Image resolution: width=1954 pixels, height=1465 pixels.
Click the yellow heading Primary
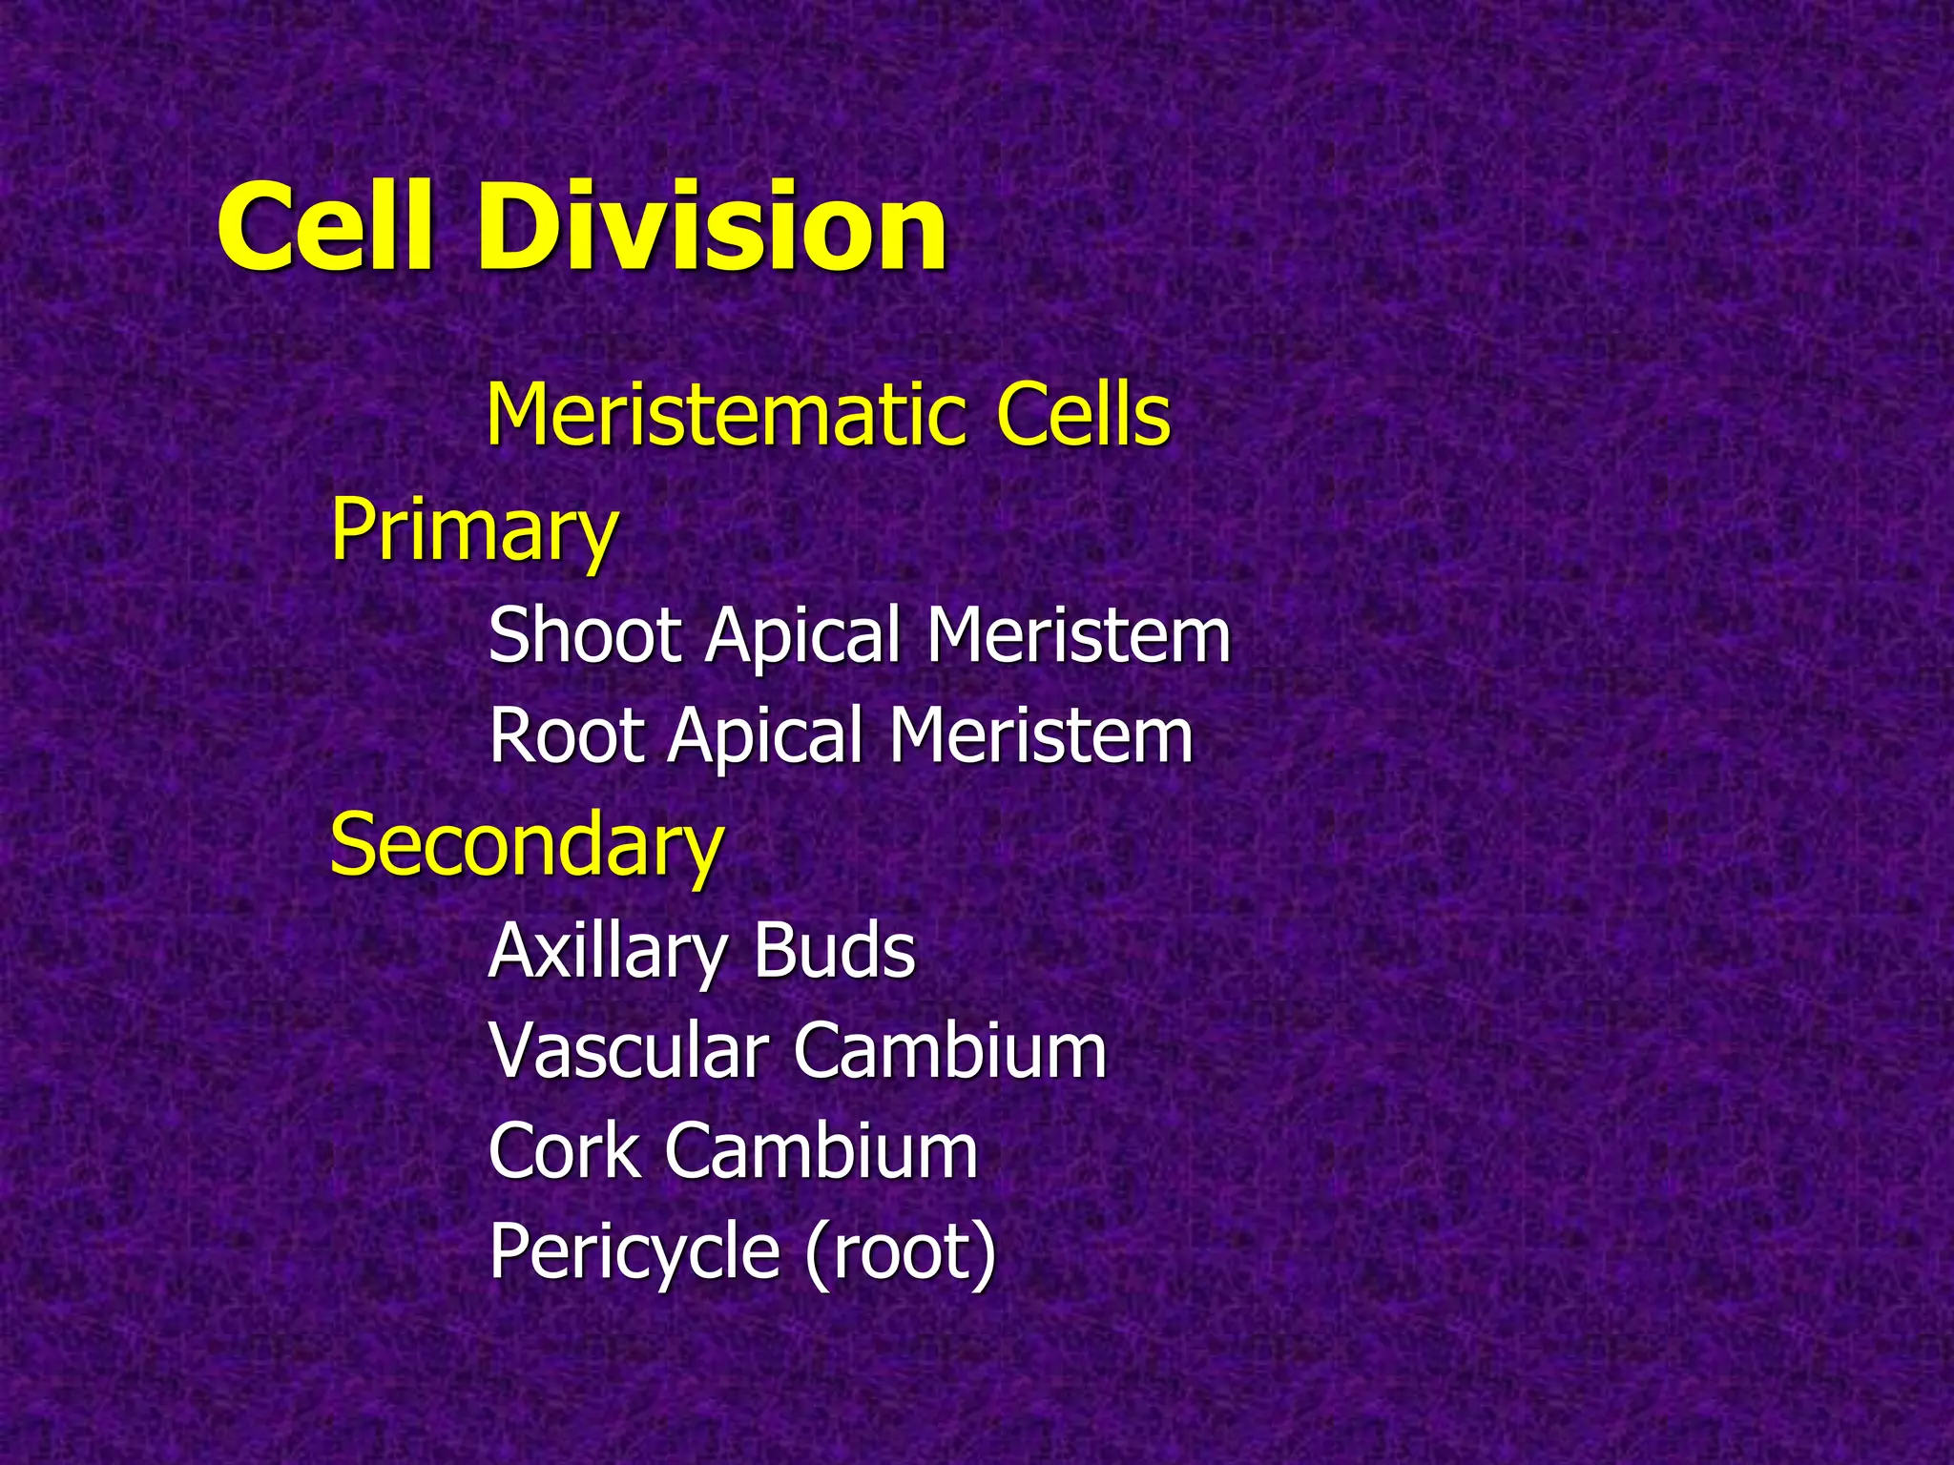473,530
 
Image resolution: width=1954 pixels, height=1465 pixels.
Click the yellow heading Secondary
526,843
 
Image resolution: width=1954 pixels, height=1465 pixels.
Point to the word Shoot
584,635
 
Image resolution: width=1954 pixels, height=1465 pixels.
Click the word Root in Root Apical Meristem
567,735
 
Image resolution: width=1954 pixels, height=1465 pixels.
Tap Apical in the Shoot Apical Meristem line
802,635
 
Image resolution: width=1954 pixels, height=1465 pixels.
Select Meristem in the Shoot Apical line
1078,635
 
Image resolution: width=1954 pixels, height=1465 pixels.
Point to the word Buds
834,951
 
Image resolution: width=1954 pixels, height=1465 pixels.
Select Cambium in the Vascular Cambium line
949,1051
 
